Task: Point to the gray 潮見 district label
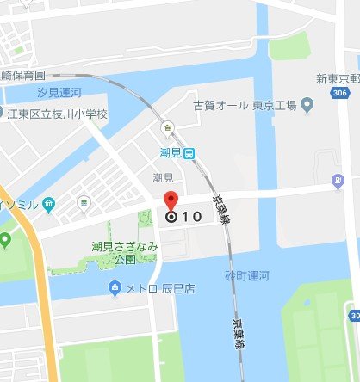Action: click(164, 177)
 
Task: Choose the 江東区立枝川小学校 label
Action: click(58, 114)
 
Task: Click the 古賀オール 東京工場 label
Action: click(245, 105)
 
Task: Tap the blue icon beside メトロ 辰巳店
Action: click(115, 286)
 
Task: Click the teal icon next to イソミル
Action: click(49, 203)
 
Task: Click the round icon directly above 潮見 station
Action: click(169, 128)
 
